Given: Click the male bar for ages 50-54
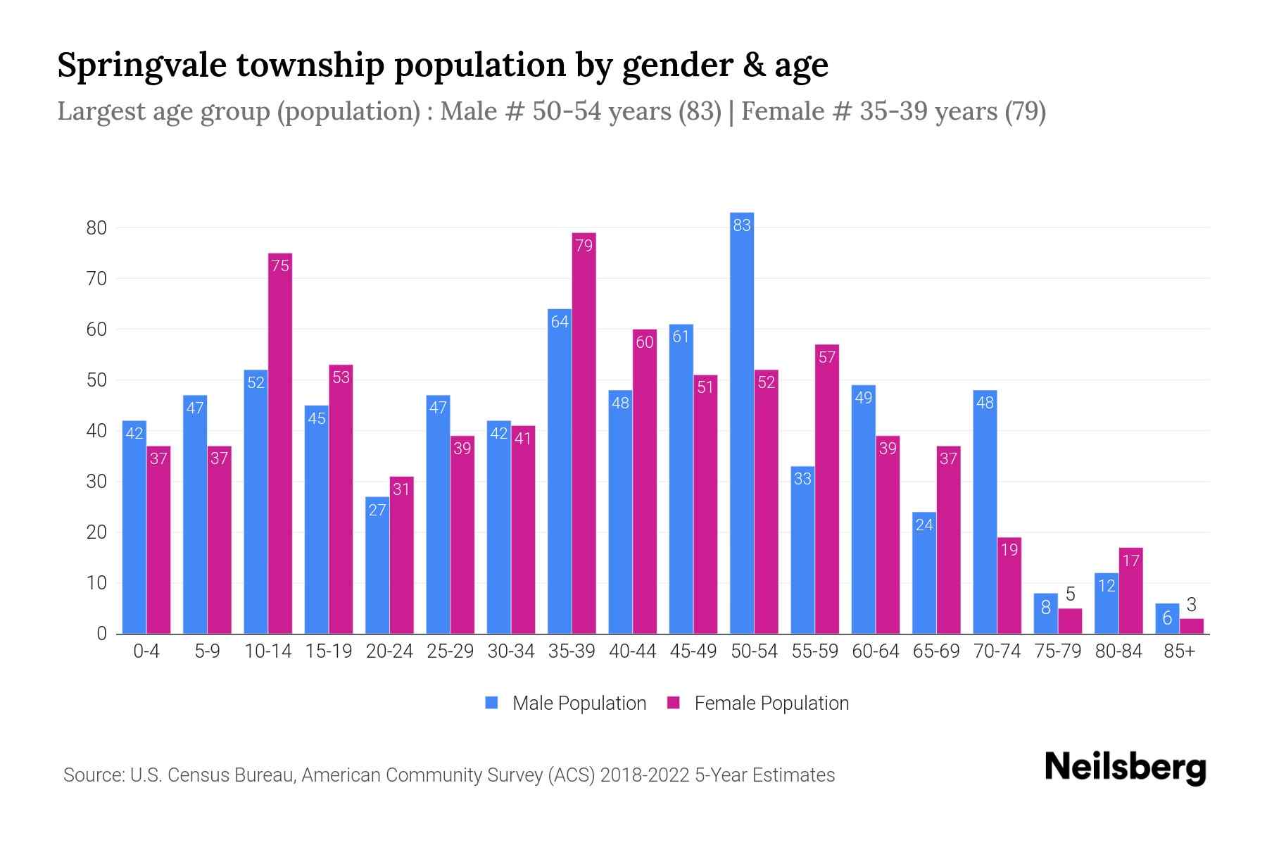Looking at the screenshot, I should pos(742,423).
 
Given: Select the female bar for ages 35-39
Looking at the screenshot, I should pos(584,433).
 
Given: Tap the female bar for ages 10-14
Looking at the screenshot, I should pos(280,444).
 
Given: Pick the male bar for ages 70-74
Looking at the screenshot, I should pos(985,512).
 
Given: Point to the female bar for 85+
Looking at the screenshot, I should pos(1192,626).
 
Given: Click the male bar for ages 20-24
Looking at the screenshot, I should pos(377,565).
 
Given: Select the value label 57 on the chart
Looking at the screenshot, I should pos(827,357).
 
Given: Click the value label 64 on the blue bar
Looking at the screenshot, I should pos(560,322).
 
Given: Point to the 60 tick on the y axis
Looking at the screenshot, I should pos(96,330).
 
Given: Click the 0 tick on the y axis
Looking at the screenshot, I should pos(101,634).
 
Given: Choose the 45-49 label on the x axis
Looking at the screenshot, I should pos(693,651).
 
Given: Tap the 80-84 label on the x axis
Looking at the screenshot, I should pos(1118,651).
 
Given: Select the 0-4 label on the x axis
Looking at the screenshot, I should pos(146,651).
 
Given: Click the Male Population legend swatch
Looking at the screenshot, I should pos(491,703).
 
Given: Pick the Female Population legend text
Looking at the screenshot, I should pos(771,703).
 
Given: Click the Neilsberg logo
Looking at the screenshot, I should pos(1125,767).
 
